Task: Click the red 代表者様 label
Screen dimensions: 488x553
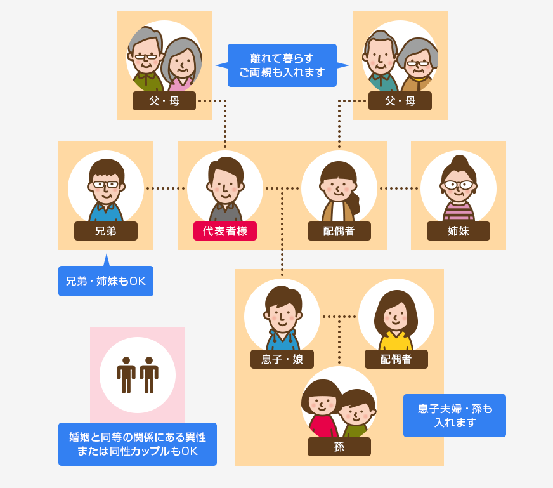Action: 225,231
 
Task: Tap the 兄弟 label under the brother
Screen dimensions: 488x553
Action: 106,231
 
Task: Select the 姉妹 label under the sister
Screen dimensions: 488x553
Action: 459,231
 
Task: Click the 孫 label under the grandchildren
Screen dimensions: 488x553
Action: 339,447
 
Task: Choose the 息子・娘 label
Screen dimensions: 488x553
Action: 282,359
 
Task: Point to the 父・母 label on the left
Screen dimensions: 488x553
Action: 164,101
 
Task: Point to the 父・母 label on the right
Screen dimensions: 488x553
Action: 400,101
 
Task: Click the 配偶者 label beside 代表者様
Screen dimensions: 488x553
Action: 339,231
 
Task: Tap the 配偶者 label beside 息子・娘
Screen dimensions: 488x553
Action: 396,359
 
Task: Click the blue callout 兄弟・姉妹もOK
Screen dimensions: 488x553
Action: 106,281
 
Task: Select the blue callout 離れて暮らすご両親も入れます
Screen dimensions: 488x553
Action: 282,65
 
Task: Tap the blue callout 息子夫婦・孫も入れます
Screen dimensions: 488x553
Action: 455,416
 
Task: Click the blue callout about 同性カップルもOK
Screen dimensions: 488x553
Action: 138,444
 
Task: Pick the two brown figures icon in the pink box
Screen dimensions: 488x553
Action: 138,374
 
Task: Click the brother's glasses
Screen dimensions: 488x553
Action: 106,185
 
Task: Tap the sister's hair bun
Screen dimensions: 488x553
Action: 459,161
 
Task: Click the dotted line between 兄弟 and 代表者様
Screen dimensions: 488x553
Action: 166,188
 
